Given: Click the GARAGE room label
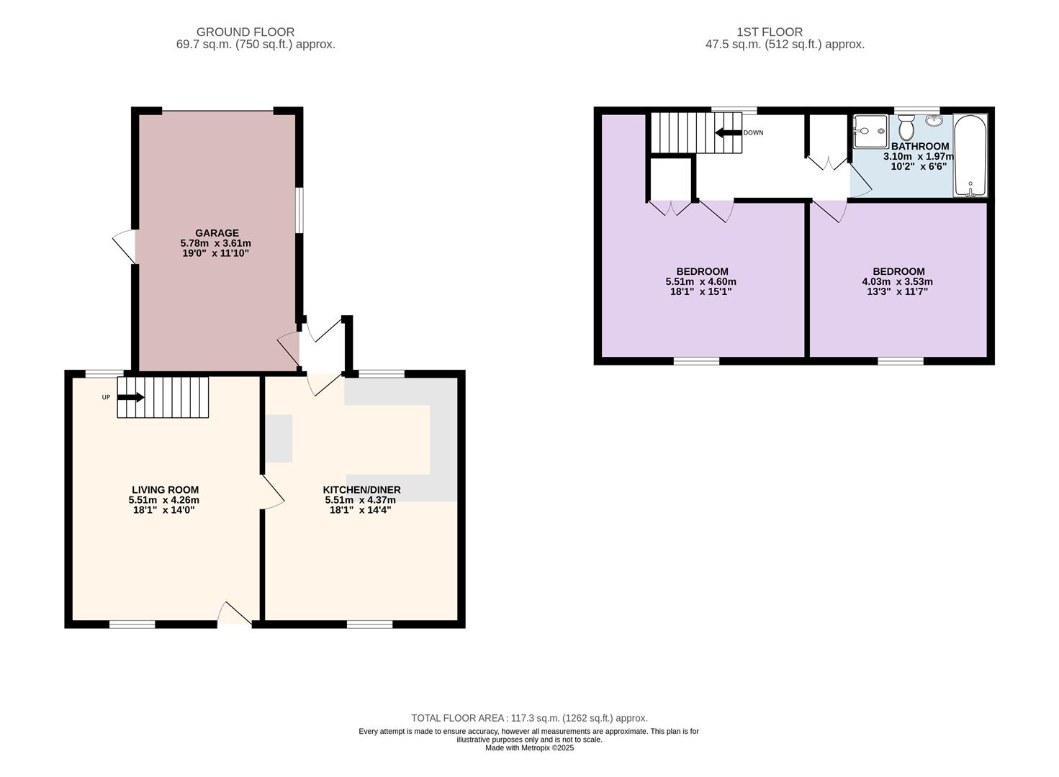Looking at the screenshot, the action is [217, 233].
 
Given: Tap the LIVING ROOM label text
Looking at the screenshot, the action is [165, 490].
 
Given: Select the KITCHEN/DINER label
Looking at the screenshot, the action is [361, 490].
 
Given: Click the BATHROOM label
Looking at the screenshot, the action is [920, 147].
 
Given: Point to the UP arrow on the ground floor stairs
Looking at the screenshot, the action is [130, 397].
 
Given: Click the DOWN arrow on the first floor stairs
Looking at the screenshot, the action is [728, 132].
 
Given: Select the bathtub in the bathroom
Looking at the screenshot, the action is [970, 155].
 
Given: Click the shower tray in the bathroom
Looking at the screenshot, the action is [871, 132].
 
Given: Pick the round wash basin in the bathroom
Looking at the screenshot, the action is [934, 120].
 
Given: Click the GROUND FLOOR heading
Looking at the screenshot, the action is [245, 32].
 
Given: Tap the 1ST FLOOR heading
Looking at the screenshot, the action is [770, 32].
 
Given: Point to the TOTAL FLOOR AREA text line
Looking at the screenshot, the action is [530, 718].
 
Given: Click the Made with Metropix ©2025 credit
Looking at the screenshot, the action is [530, 748].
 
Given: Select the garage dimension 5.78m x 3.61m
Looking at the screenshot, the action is [215, 243].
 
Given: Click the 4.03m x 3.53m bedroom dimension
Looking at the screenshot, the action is [897, 281].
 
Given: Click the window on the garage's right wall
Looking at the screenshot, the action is [299, 210].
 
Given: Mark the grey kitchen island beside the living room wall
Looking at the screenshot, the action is [279, 439].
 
